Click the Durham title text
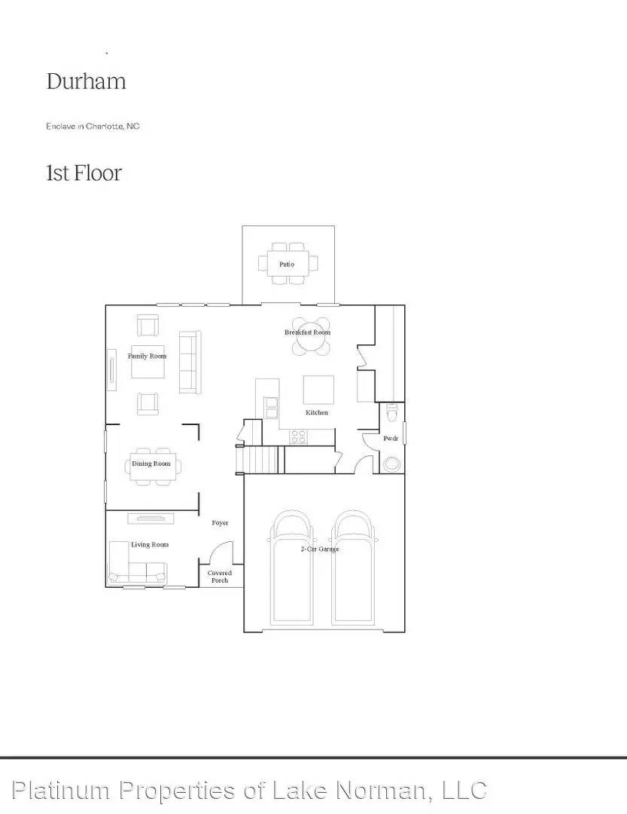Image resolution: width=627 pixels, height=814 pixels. (x=86, y=81)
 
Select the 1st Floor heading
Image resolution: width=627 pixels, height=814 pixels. (x=84, y=173)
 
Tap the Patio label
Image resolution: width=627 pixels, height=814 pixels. (x=287, y=264)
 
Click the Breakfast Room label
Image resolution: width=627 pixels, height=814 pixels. (x=307, y=332)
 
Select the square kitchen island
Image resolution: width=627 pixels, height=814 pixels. (x=318, y=390)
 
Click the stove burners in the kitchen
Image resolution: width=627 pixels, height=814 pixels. (x=299, y=436)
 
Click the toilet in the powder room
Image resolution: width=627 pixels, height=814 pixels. (x=390, y=415)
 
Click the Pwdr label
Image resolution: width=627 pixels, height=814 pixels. (x=390, y=438)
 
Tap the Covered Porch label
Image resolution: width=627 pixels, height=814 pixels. (x=219, y=577)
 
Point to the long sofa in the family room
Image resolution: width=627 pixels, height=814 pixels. (x=190, y=362)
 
